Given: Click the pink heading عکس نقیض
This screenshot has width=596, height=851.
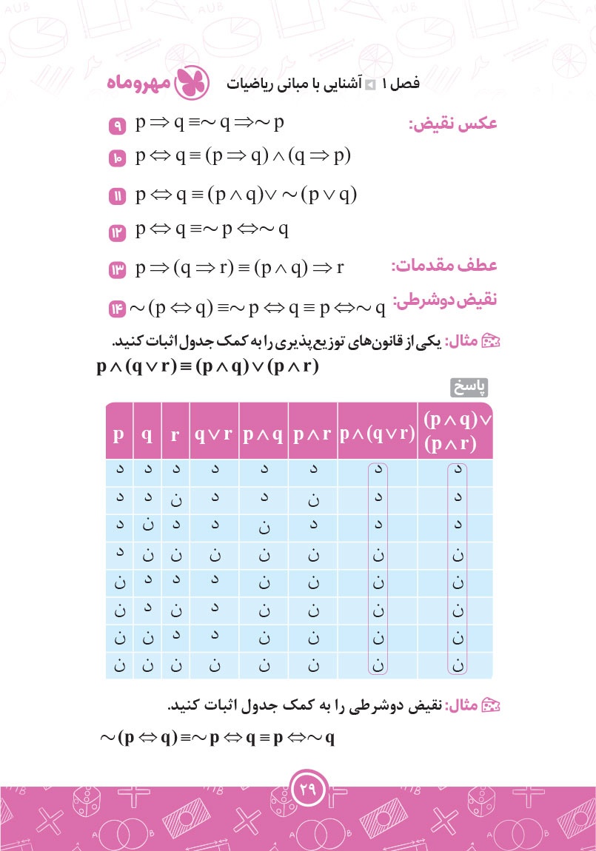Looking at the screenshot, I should click(453, 124).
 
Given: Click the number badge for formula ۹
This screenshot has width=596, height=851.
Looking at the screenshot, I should click(118, 127).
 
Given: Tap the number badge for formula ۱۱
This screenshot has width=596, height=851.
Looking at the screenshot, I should click(118, 197).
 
